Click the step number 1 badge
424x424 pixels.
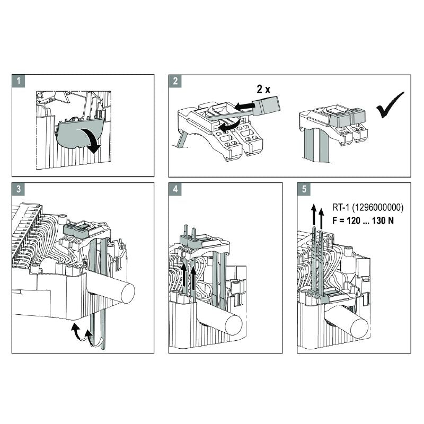coord(19,81)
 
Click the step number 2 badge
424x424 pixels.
coord(175,81)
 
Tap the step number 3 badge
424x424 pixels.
coord(19,189)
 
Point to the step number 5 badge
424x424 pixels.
coord(304,189)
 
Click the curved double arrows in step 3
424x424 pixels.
coord(81,334)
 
